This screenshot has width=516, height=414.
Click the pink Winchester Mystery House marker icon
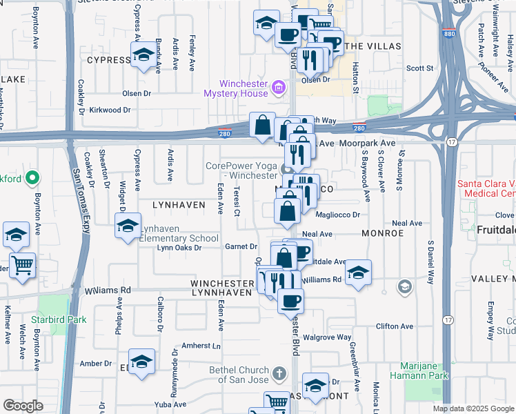[278, 86]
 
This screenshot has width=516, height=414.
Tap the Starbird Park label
[63, 319]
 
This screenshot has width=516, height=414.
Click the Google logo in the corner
[23, 406]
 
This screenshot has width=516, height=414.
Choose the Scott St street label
[419, 68]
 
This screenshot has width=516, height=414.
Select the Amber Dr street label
[92, 364]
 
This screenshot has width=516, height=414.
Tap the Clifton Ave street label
[395, 326]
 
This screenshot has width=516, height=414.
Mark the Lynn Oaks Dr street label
[179, 248]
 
